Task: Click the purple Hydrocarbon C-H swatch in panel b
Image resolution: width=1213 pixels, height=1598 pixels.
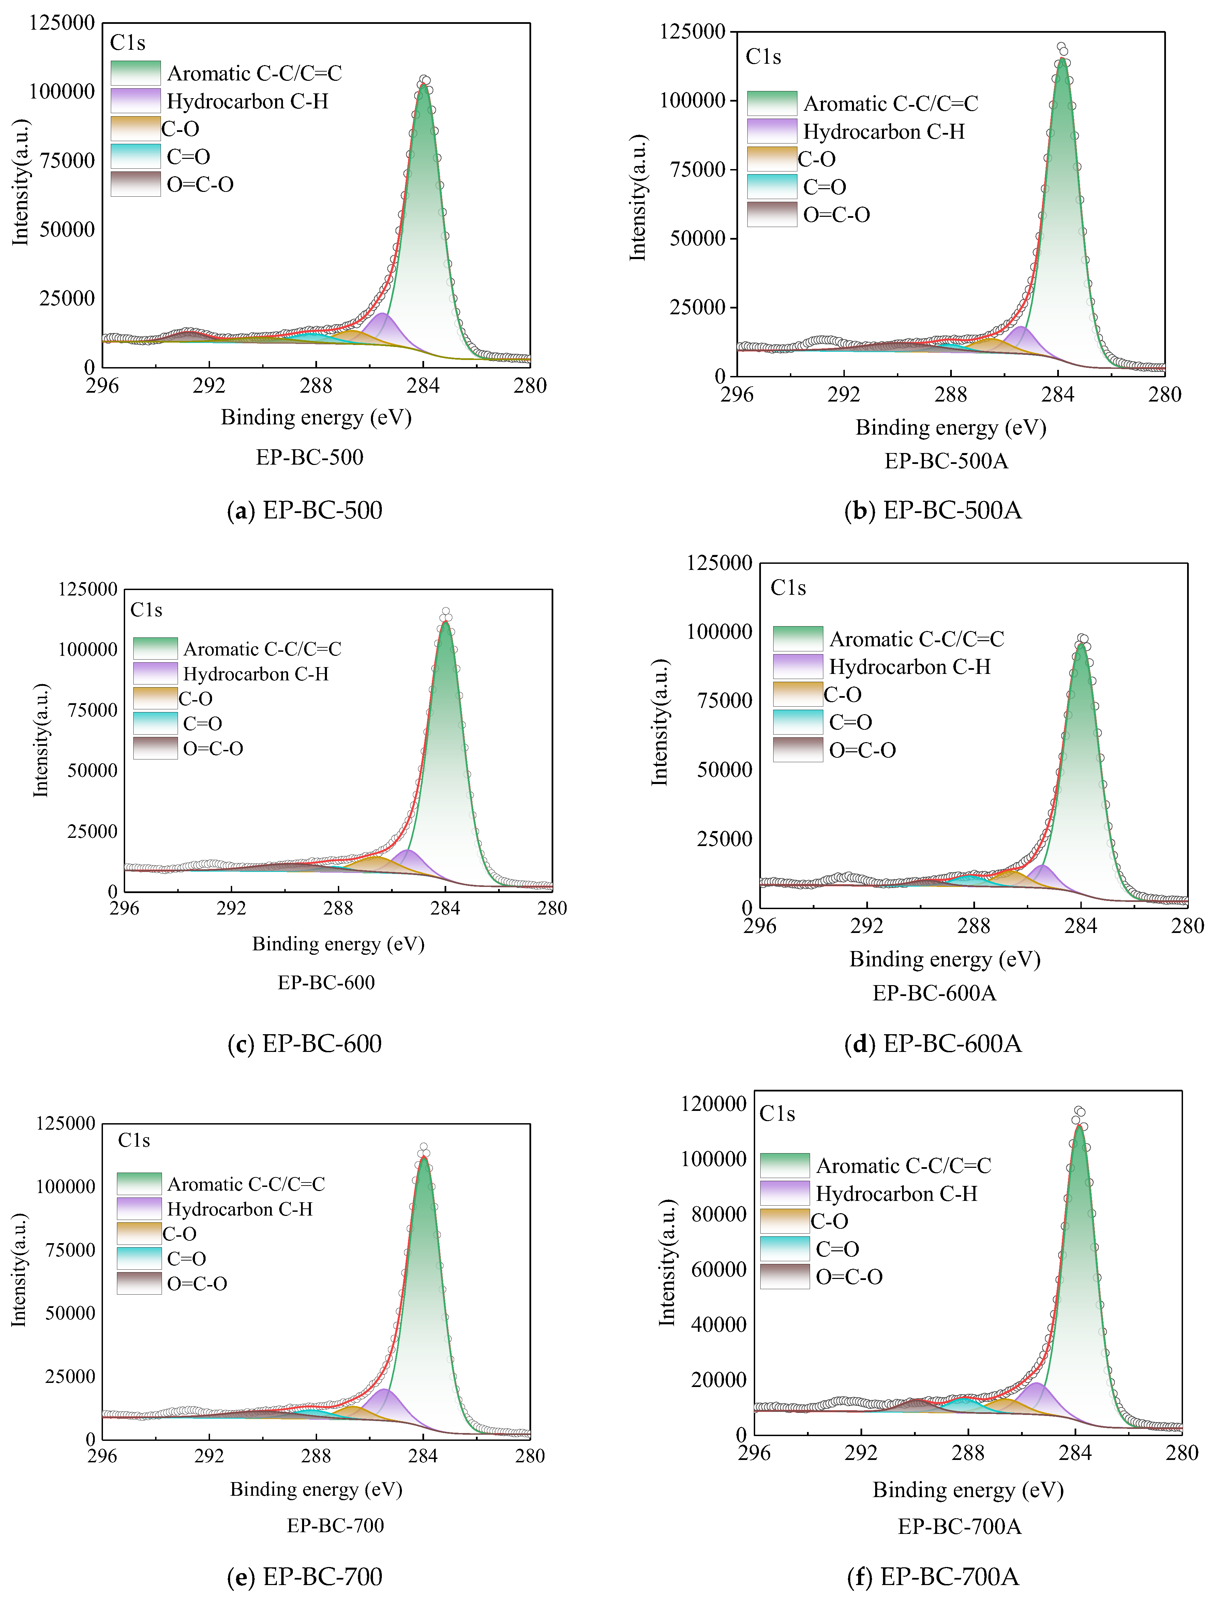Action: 772,131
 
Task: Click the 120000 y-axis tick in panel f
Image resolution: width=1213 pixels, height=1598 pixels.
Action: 714,1103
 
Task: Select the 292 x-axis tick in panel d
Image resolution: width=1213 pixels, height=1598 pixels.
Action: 867,925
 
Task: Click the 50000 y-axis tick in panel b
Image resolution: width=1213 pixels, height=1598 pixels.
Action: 698,238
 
